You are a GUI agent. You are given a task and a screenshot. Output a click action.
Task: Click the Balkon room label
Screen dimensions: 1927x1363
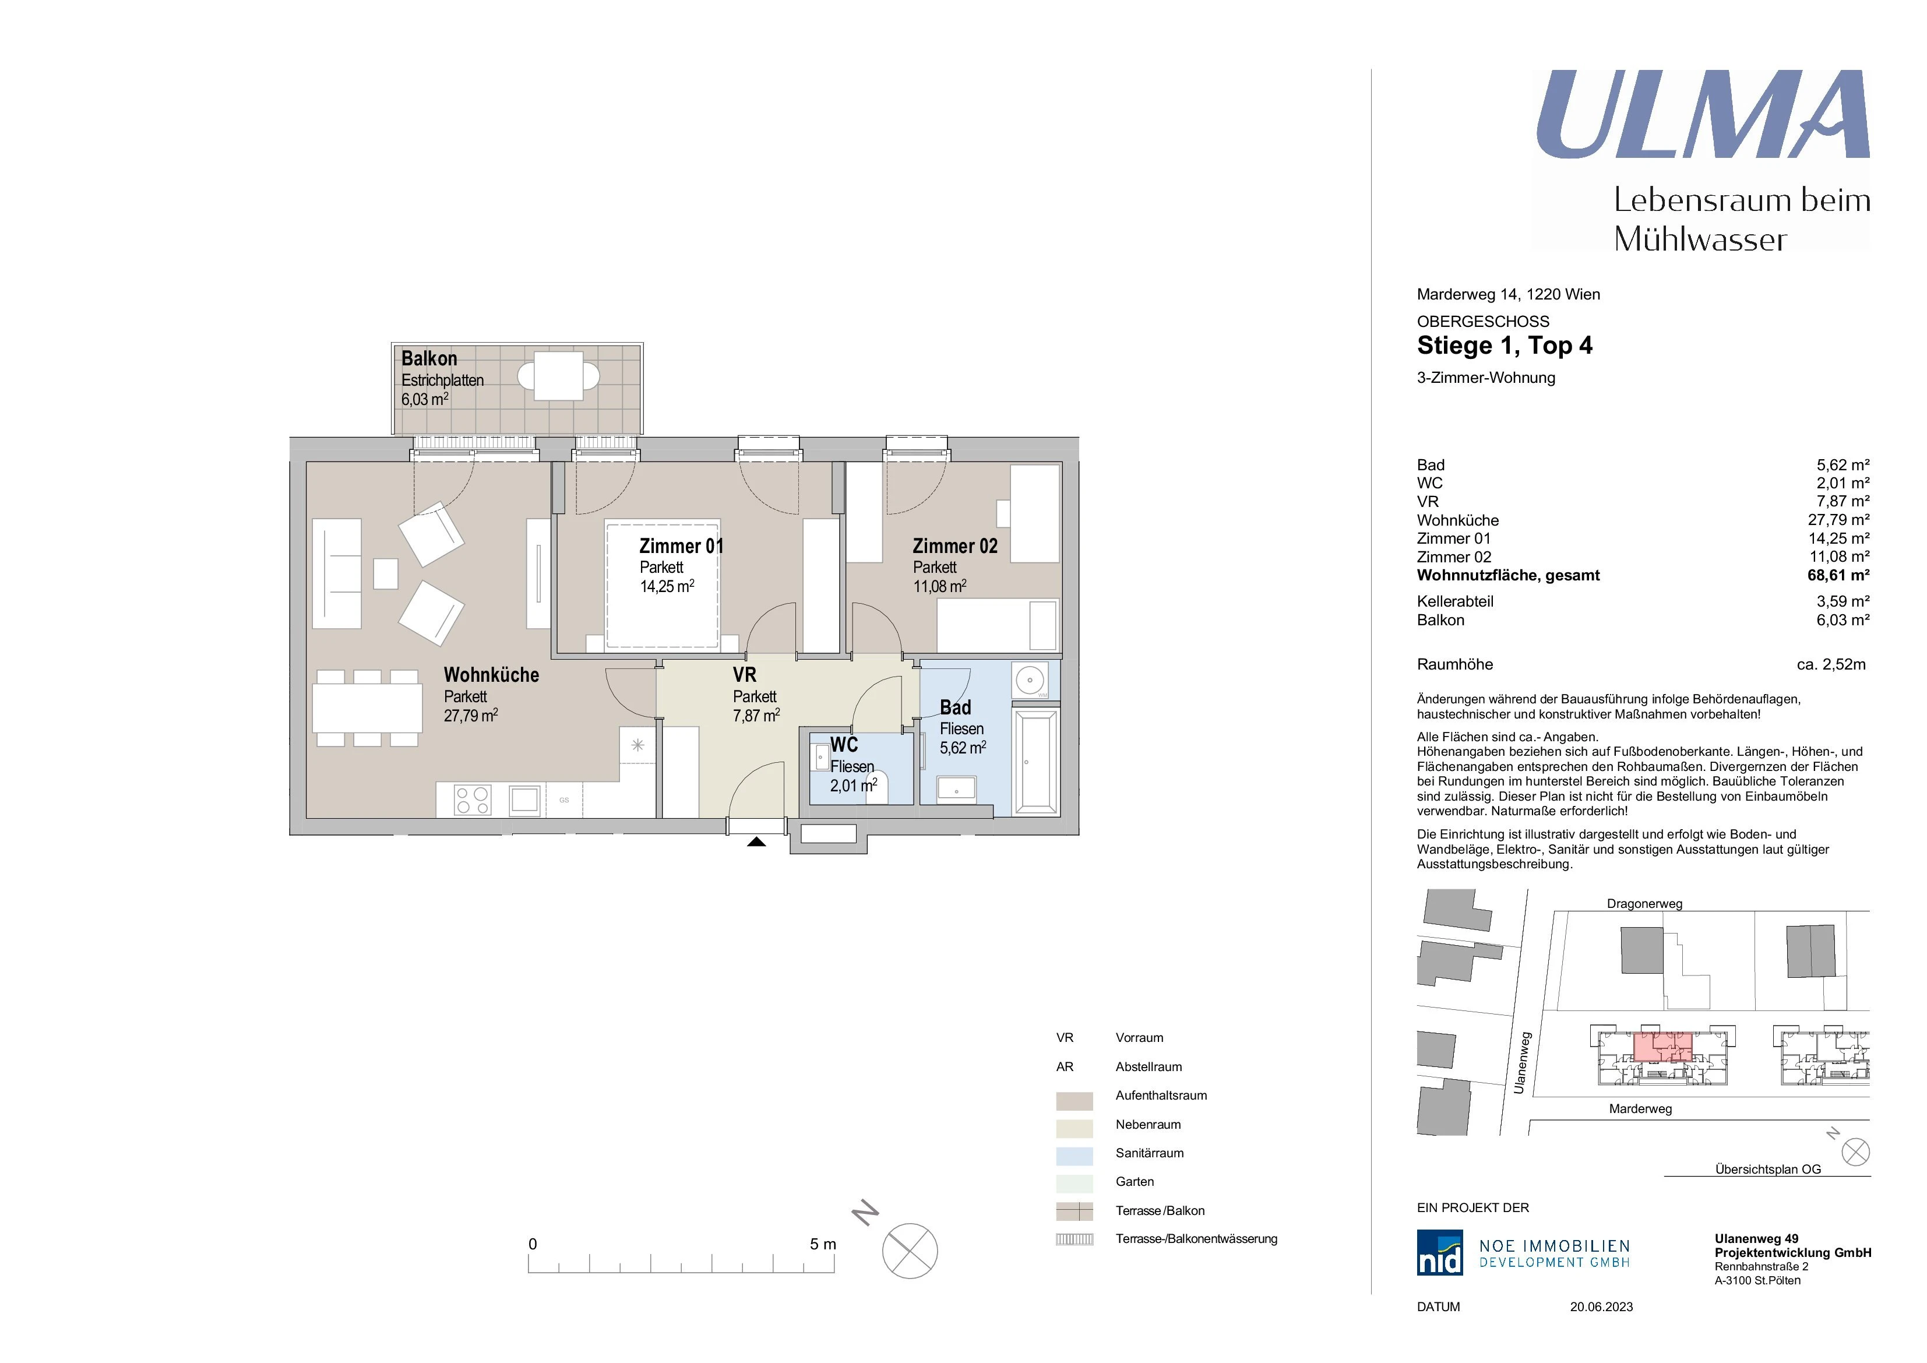[429, 358]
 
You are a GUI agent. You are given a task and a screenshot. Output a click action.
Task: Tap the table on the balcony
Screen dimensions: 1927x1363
[559, 376]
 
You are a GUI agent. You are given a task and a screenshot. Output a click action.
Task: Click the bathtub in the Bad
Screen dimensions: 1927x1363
[1037, 762]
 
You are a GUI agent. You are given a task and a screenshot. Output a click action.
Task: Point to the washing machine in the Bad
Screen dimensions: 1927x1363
[1031, 680]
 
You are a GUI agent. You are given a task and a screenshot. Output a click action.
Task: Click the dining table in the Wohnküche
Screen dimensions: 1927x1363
[368, 707]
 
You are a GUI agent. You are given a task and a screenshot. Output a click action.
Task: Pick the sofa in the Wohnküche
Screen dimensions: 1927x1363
[337, 573]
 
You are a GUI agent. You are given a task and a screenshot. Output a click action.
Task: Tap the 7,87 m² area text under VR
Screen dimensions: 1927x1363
[756, 716]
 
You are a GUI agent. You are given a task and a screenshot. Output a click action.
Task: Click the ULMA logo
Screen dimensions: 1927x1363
[1703, 114]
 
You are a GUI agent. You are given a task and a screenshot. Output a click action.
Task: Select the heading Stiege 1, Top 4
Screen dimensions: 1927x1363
[1504, 346]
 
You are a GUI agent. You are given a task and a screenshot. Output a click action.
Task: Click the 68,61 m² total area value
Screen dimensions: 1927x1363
[1838, 575]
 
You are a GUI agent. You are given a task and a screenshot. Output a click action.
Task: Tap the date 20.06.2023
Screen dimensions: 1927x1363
[1601, 1307]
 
